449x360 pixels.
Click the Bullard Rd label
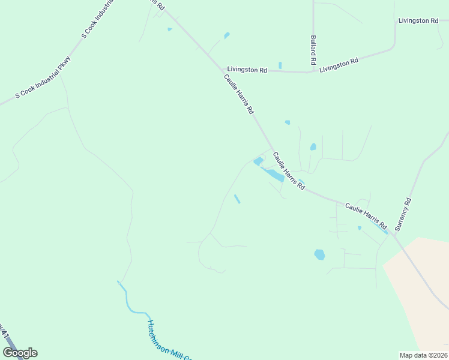313,50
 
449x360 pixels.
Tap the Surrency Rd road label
404,215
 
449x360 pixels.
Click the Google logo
20,353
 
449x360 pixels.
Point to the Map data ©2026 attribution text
423,355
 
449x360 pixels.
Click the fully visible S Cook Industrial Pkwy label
43,78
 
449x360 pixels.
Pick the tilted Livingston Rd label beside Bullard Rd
339,65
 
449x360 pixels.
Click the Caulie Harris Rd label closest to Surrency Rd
365,215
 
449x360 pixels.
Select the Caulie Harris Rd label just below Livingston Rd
239,94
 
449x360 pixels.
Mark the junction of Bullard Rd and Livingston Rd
313,71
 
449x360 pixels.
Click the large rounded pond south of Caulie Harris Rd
319,254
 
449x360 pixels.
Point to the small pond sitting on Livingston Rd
280,65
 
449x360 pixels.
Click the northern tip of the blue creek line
118,281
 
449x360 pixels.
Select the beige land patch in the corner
420,288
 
